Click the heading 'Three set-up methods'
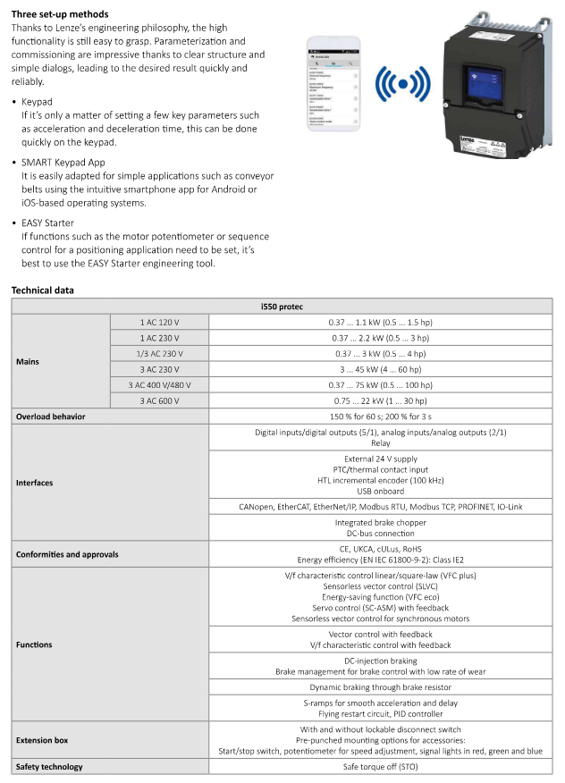(x=60, y=14)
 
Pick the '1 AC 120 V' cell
(x=159, y=322)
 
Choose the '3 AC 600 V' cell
(x=159, y=400)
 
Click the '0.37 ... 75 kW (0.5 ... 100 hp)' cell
(x=381, y=385)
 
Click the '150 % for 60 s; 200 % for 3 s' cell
(x=381, y=417)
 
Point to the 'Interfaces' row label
(x=35, y=483)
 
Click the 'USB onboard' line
(x=381, y=492)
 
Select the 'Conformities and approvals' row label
(x=67, y=554)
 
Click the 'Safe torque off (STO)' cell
(x=381, y=767)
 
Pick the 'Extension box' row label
(x=42, y=740)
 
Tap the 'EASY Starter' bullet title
(x=48, y=223)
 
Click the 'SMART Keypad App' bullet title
(x=63, y=163)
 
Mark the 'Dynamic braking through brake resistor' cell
(x=381, y=687)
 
